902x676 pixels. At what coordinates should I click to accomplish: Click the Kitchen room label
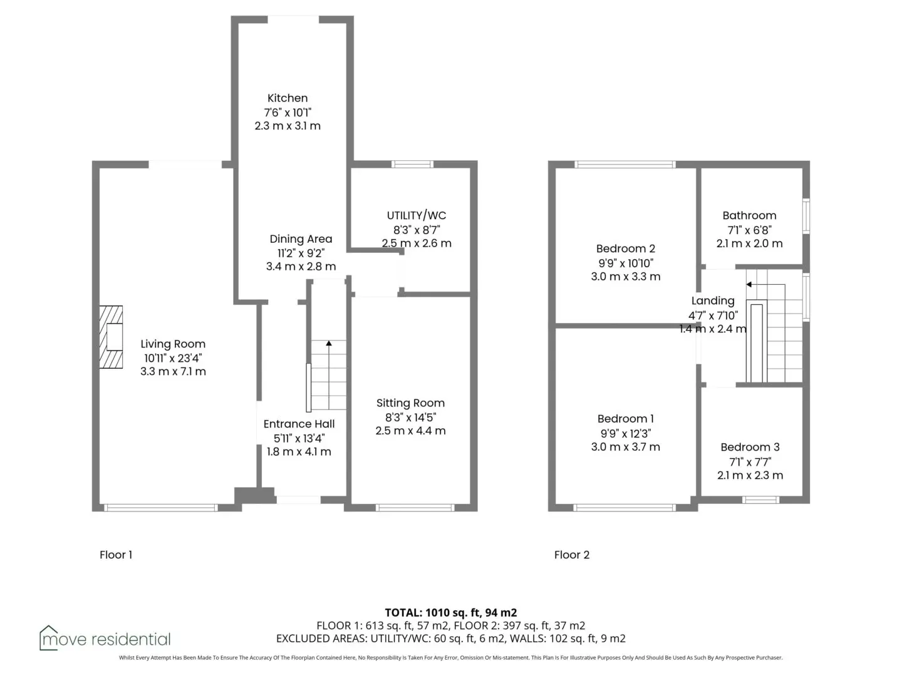pos(288,98)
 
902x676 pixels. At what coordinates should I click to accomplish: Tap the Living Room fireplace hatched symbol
pos(111,337)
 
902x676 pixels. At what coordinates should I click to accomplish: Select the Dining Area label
pos(301,239)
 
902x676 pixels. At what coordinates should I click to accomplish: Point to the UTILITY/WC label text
pos(417,215)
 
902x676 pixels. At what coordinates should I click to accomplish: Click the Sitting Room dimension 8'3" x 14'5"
pos(410,417)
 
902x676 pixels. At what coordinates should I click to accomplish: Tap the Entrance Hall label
pos(299,424)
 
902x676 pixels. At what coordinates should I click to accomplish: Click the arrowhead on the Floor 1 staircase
pos(329,343)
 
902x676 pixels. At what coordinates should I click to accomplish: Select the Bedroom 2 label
pos(625,248)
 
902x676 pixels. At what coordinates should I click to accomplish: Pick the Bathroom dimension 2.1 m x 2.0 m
pos(750,243)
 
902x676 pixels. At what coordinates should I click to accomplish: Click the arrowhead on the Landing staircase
pos(749,284)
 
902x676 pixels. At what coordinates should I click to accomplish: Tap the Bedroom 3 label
pos(750,447)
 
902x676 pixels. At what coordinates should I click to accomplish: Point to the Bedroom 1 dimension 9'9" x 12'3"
pos(625,433)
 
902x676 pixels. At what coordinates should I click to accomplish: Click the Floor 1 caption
pos(116,555)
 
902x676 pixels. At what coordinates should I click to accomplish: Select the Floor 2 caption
pos(572,555)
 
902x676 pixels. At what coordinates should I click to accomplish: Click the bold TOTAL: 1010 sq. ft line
pos(451,613)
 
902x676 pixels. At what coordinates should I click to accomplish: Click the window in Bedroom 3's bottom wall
pos(760,499)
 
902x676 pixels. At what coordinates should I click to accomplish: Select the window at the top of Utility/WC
pos(412,164)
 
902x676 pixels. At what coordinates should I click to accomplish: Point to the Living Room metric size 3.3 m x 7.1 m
pos(173,371)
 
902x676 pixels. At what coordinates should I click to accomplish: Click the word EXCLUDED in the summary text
pos(301,638)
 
